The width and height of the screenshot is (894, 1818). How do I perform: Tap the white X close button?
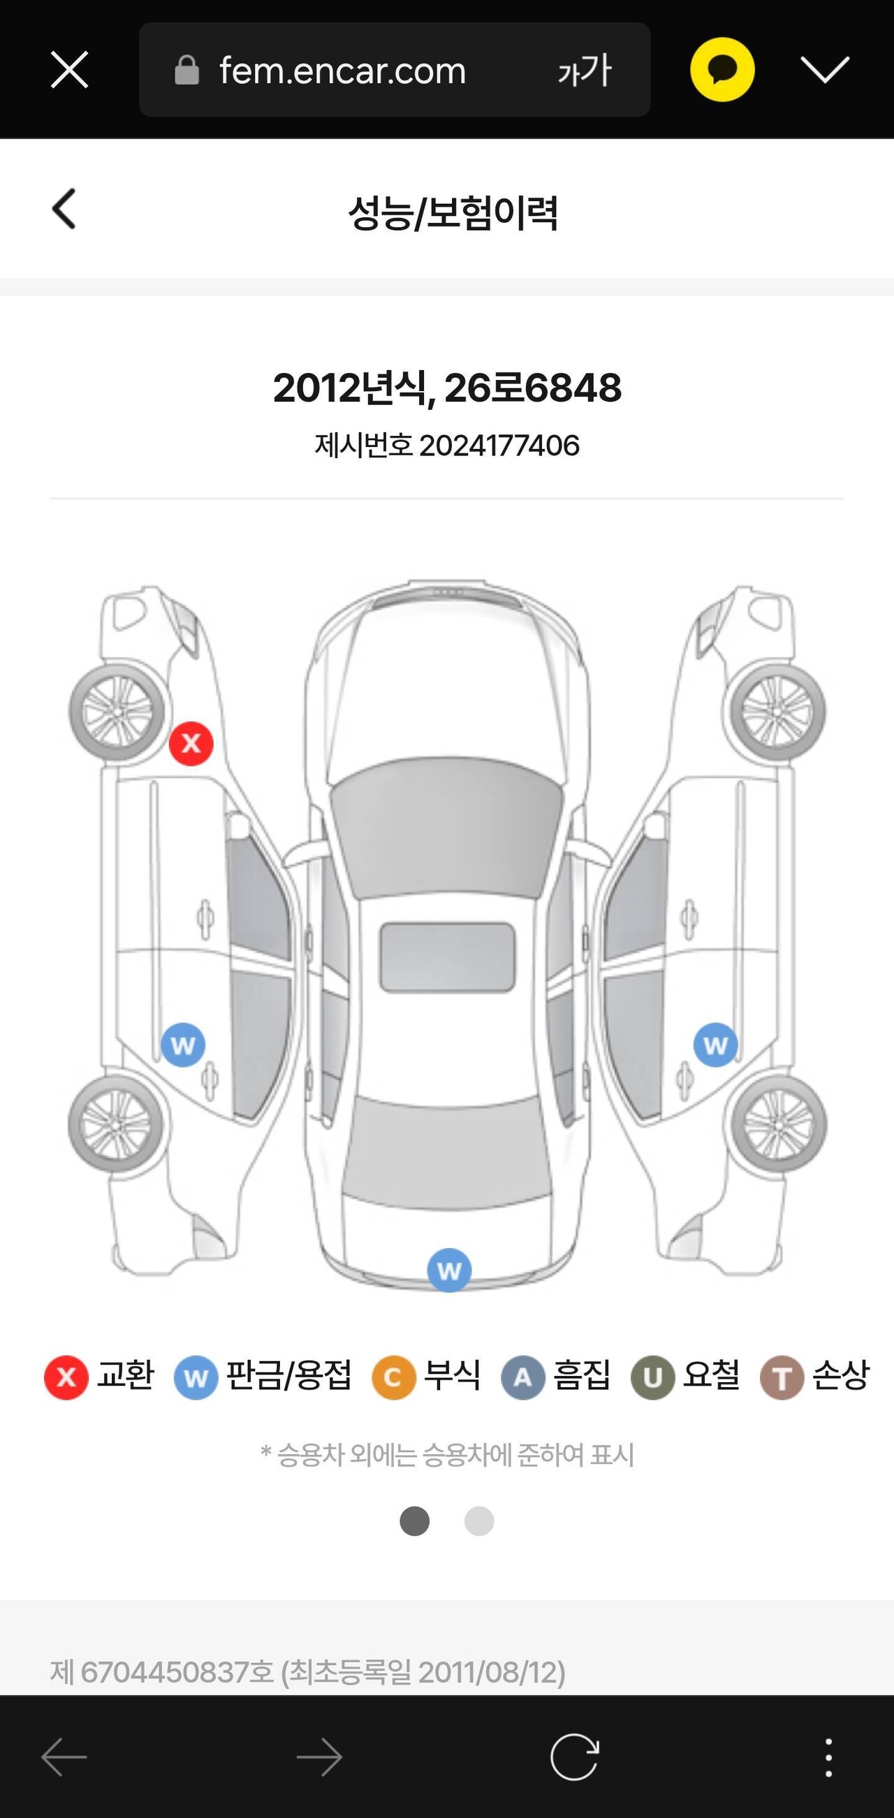[69, 70]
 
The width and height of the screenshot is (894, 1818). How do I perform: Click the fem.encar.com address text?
[342, 71]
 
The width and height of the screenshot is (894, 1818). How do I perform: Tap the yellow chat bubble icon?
[721, 69]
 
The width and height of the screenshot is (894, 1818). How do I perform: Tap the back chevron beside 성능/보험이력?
[64, 209]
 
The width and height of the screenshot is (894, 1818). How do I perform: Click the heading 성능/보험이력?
[453, 212]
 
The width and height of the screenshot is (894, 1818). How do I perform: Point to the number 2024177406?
[499, 446]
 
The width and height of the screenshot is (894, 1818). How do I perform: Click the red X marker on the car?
[191, 743]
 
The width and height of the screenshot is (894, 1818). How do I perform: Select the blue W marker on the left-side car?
[183, 1046]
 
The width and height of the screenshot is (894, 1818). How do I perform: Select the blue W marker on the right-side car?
[715, 1046]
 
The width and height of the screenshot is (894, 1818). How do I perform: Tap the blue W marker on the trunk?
[450, 1270]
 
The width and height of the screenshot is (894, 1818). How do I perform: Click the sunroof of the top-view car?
[448, 957]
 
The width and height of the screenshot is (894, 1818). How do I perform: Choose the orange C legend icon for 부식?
[394, 1377]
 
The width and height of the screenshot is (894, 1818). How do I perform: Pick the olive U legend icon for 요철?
[652, 1377]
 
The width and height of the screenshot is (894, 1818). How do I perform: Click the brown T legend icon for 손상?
[782, 1377]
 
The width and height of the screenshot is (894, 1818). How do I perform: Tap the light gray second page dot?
[479, 1521]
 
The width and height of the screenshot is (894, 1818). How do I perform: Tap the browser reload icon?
[574, 1757]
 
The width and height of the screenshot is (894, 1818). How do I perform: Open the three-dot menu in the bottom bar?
[828, 1757]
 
